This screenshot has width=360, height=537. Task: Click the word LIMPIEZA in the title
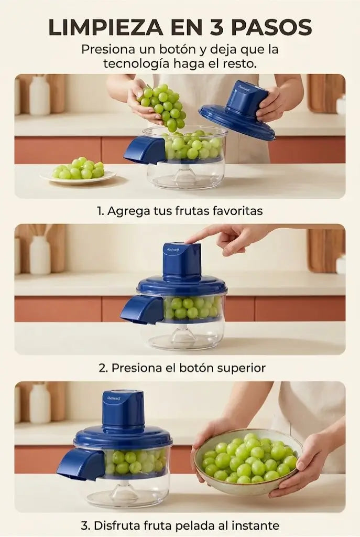[x=106, y=27]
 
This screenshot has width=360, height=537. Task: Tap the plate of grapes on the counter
[x=79, y=172]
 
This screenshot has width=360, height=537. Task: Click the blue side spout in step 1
[x=145, y=149]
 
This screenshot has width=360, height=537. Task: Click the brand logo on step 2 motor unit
[x=172, y=250]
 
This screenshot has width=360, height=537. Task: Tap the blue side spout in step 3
[x=81, y=464]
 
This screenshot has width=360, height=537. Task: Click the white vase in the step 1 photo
[x=40, y=95]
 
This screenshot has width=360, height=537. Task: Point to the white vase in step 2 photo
[x=40, y=255]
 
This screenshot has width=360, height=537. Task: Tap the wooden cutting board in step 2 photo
[x=326, y=250]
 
